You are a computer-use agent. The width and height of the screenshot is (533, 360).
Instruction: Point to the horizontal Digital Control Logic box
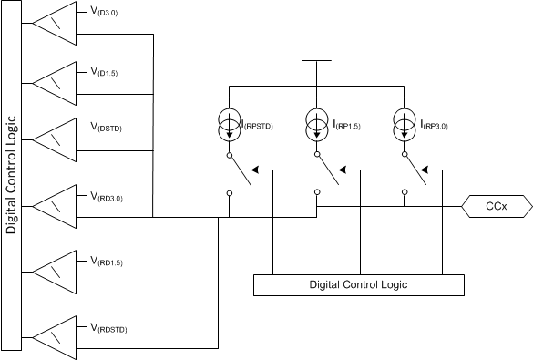click(357, 284)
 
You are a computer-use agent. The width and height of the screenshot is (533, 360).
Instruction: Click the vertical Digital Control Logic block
click(12, 175)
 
